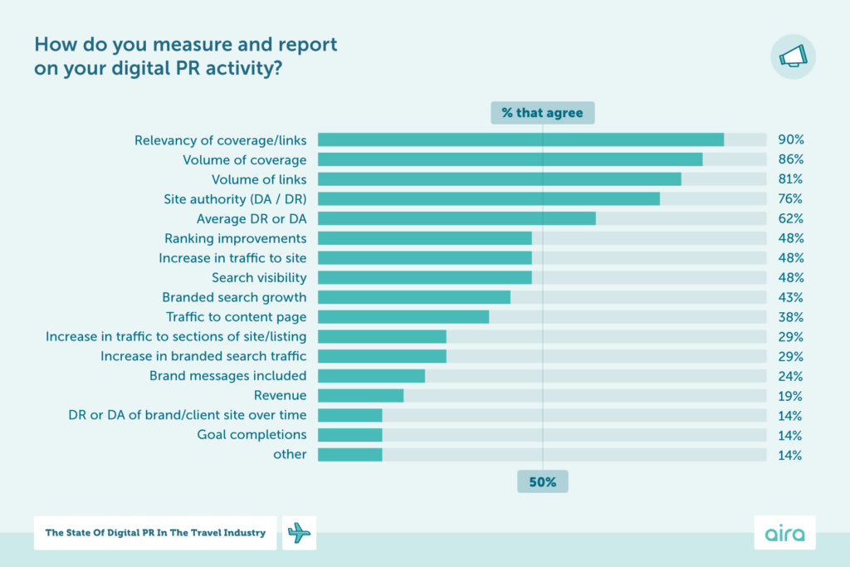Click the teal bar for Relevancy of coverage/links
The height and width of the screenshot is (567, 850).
click(x=520, y=140)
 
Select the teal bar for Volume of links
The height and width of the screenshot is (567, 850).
click(x=499, y=179)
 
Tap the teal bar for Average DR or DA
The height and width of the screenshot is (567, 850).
click(x=457, y=218)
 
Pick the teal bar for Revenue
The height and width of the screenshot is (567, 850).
click(x=360, y=396)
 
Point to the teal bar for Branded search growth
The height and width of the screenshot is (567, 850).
click(x=413, y=297)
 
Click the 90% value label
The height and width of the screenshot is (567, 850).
click(x=790, y=140)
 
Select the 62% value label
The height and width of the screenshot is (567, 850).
click(x=790, y=219)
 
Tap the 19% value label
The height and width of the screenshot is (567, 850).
click(x=790, y=396)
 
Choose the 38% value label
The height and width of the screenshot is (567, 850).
click(x=790, y=317)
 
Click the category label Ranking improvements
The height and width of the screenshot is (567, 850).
click(x=235, y=238)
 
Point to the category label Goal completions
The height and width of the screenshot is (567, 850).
click(x=252, y=435)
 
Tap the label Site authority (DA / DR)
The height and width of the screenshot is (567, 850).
click(x=235, y=199)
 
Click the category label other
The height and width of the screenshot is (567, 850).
click(x=290, y=455)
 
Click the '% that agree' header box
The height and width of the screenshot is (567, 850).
click(x=542, y=113)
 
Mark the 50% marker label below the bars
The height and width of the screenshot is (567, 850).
click(x=542, y=481)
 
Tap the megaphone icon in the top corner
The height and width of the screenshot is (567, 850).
click(x=793, y=56)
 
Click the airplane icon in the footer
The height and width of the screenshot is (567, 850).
click(x=300, y=533)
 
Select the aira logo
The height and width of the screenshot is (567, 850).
click(x=784, y=533)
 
